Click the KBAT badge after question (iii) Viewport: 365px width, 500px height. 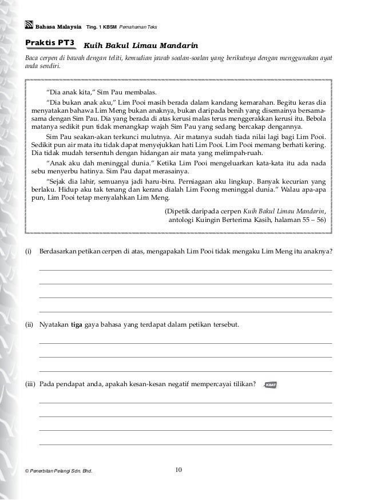pos(271,384)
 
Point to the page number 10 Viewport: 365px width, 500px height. pos(178,470)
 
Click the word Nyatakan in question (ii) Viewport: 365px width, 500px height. pos(54,325)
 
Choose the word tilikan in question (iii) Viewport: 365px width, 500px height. pos(244,383)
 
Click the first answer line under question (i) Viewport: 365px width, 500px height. pos(185,269)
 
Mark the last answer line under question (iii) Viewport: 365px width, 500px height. pos(185,444)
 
